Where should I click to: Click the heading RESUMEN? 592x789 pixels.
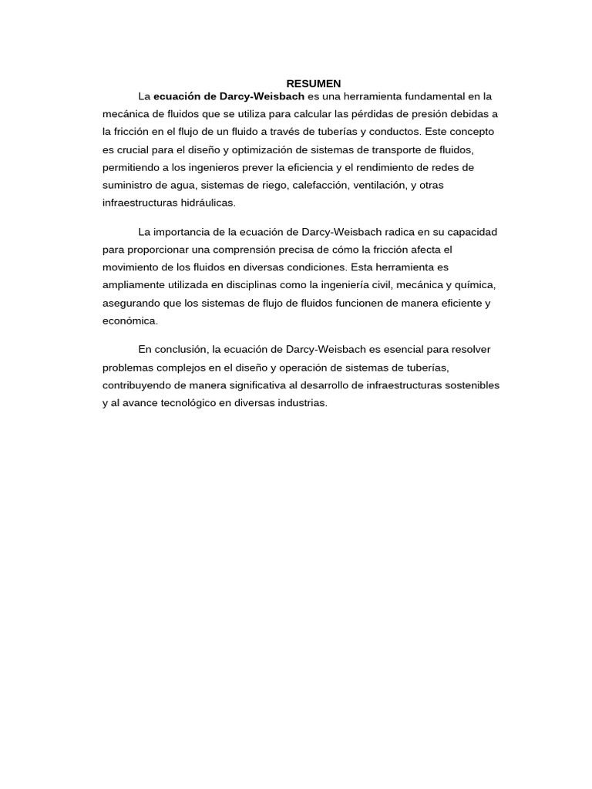pyautogui.click(x=314, y=83)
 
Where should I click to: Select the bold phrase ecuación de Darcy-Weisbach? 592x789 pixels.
pyautogui.click(x=229, y=96)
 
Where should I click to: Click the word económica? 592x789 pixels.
pyautogui.click(x=129, y=321)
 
